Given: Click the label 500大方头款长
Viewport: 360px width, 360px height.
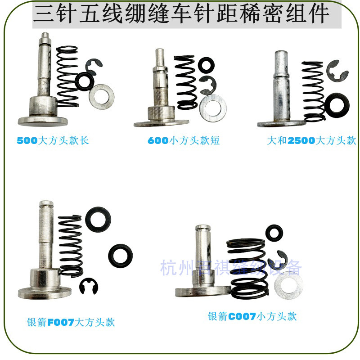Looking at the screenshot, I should [53, 140].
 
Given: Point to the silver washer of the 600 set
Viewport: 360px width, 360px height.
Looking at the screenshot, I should [213, 108].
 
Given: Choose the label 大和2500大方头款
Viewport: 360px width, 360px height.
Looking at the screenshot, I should [311, 140].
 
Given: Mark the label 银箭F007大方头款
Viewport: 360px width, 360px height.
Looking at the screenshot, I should [71, 322].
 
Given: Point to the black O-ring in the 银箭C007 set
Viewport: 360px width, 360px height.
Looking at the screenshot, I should [274, 234].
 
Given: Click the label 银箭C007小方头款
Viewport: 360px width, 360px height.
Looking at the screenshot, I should [252, 316].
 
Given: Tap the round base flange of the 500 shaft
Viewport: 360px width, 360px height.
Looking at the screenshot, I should [43, 120].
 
